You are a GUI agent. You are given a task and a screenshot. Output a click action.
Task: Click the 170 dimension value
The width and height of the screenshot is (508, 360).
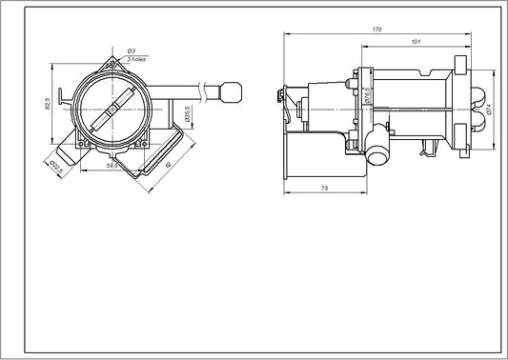coord(378,30)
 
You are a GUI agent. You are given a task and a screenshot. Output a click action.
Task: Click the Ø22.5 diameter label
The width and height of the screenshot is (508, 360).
coord(53,166)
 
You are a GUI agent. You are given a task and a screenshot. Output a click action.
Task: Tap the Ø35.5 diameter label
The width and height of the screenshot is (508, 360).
coord(188,114)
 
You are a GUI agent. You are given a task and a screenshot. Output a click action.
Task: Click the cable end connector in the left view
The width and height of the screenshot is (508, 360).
coord(233,93)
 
